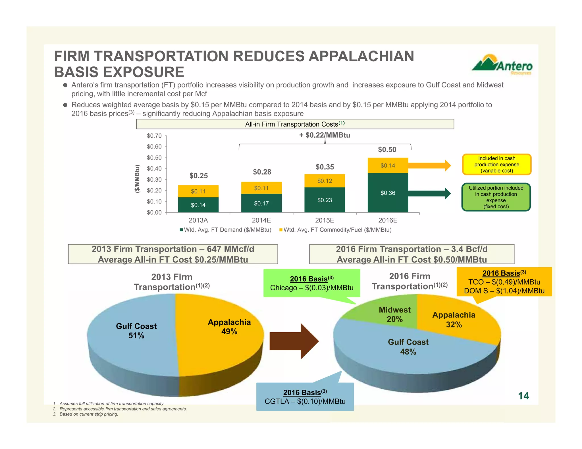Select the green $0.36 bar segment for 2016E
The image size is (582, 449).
388,193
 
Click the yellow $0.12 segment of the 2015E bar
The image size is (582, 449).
325,181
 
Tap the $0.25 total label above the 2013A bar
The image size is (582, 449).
199,176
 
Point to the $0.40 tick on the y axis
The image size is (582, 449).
154,169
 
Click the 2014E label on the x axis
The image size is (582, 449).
261,220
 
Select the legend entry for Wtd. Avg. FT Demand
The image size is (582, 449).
226,230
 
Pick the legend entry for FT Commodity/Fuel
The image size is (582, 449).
335,230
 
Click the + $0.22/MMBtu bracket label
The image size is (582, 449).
325,135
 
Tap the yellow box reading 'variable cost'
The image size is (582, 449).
496,165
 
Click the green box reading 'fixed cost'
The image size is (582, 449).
496,197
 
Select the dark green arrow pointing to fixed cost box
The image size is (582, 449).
429,194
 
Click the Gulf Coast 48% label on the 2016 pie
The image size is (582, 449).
408,347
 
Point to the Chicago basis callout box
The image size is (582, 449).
312,283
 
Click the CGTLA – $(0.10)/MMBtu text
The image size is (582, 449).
305,401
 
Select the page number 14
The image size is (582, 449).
523,396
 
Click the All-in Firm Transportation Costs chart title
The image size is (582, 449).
295,124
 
